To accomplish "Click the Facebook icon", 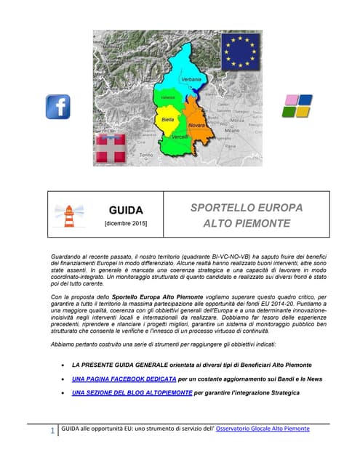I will click(x=58, y=107).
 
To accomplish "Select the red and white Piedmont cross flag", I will click(x=111, y=148).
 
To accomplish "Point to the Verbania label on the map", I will click(x=191, y=78).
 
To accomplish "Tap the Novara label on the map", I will click(x=196, y=126).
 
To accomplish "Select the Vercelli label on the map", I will click(x=180, y=137).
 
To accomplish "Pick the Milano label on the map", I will click(x=232, y=129).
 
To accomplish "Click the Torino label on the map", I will click(x=146, y=155).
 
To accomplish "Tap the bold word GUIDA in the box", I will click(x=126, y=210).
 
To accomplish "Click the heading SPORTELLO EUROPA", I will click(x=246, y=207).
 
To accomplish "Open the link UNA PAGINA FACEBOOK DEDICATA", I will click(x=127, y=379).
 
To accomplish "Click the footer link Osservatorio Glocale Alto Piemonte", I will click(x=263, y=429).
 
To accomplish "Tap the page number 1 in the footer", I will click(x=53, y=432).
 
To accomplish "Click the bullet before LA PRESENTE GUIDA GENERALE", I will click(x=66, y=365).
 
